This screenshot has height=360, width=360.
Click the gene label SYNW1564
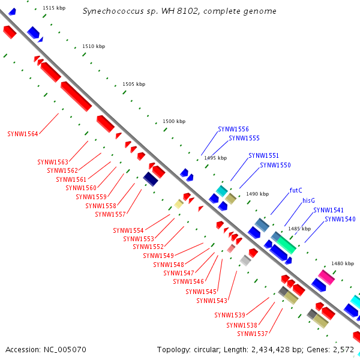pyautogui.click(x=22, y=134)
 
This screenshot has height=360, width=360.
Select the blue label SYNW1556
pyautogui.click(x=233, y=129)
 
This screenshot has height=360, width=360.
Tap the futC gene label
pyautogui.click(x=295, y=190)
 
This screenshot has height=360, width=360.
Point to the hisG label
pyautogui.click(x=308, y=200)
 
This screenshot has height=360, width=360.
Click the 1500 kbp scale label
pyautogui.click(x=173, y=121)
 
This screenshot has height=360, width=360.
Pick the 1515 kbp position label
pyautogui.click(x=54, y=8)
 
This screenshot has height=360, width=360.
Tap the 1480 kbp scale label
pyautogui.click(x=343, y=263)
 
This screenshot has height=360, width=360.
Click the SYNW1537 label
pyautogui.click(x=252, y=334)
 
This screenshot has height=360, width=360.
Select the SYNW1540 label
pyautogui.click(x=340, y=220)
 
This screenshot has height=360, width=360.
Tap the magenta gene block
pyautogui.click(x=326, y=277)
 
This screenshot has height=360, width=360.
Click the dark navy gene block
pyautogui.click(x=151, y=179)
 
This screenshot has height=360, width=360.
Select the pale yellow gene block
pyautogui.click(x=179, y=204)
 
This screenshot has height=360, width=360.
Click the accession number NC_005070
pyautogui.click(x=66, y=349)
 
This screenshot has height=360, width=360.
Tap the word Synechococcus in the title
pyautogui.click(x=109, y=11)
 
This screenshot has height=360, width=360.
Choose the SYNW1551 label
pyautogui.click(x=263, y=155)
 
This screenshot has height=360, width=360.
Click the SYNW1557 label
pyautogui.click(x=110, y=214)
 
